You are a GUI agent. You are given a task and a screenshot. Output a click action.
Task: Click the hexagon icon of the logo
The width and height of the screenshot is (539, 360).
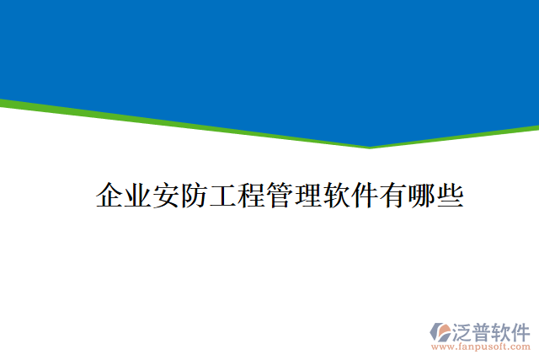point(440,331)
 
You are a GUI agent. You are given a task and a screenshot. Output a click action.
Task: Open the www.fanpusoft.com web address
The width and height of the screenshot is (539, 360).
point(480,346)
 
